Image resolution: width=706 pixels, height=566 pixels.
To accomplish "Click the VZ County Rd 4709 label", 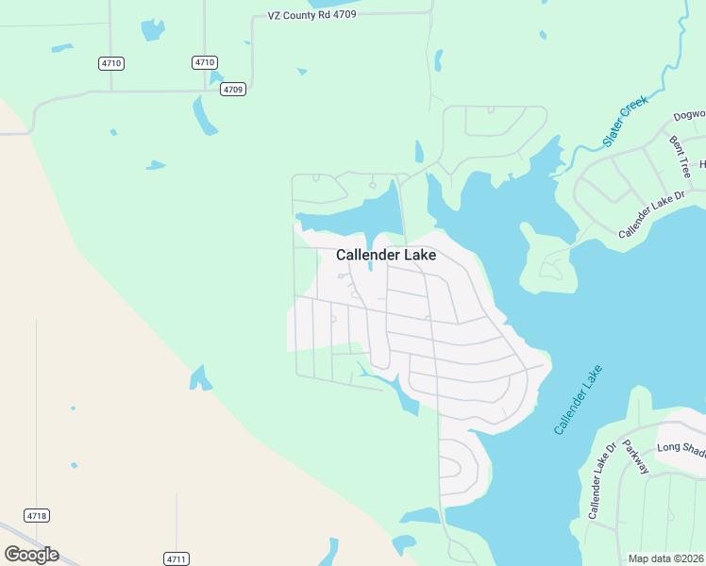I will coord(311,16).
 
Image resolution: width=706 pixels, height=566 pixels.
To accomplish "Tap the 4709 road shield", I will coord(233,90).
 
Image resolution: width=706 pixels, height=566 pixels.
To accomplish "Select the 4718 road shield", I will coord(37,515).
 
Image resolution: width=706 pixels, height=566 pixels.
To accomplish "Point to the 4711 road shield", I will coord(176,558).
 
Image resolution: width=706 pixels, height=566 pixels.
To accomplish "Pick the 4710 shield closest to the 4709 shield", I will coord(205,62).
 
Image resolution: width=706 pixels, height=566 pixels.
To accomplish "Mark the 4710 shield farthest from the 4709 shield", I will coord(111,63).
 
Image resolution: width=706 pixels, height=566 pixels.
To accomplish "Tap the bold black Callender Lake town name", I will coord(386,255).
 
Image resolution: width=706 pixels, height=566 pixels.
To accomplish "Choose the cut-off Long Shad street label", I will coord(681,447).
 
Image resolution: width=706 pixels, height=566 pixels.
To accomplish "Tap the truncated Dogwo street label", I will coord(688,116).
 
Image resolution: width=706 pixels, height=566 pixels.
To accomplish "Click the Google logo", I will coord(31,555).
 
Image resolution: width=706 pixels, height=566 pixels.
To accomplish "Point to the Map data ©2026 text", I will coord(666,558).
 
